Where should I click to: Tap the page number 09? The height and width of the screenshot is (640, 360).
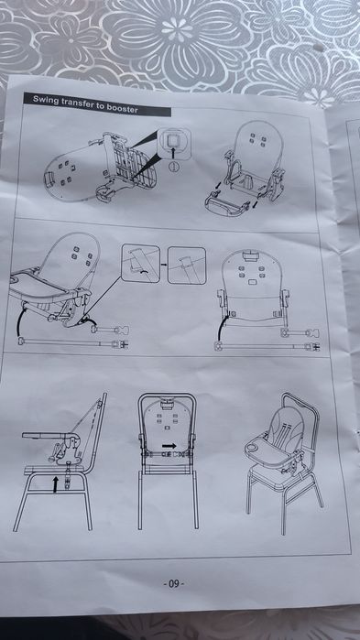[174, 584]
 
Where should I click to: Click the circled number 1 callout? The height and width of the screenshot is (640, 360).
[174, 166]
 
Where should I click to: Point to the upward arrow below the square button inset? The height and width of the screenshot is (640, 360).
[174, 153]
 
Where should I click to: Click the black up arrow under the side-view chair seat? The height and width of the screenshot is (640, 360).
[56, 484]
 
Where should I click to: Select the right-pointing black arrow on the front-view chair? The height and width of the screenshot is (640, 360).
[169, 445]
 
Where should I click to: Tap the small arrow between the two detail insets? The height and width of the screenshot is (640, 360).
[163, 265]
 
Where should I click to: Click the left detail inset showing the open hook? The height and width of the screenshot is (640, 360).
[140, 264]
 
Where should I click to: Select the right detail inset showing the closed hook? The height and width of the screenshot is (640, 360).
[187, 265]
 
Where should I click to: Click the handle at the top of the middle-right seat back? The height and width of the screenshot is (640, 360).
[248, 256]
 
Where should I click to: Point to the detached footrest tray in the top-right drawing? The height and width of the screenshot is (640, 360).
[226, 203]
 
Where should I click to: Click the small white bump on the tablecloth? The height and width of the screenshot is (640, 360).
[319, 47]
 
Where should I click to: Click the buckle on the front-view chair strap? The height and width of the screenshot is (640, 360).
[179, 453]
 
